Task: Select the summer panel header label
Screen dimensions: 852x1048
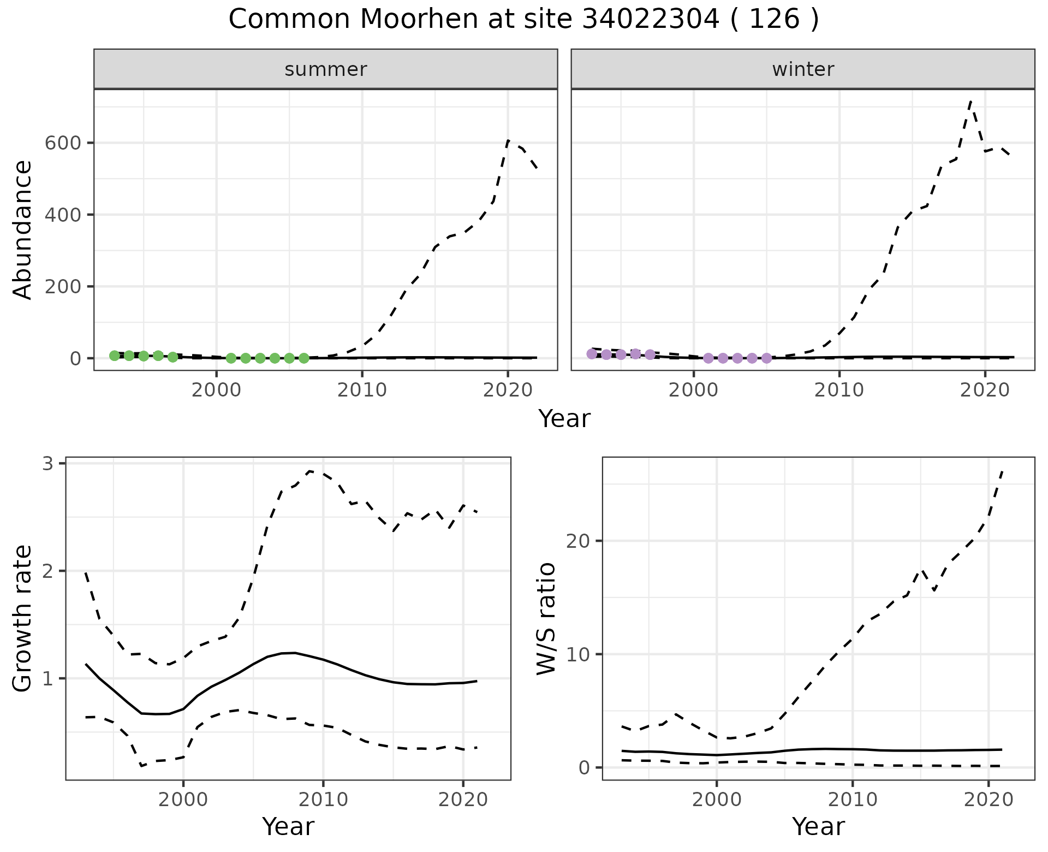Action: (326, 69)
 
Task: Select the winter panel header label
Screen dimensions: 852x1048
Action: (803, 69)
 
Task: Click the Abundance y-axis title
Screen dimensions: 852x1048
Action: (22, 229)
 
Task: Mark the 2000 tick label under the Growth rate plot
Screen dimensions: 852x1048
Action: (183, 800)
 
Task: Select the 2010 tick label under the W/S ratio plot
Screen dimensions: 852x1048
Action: (852, 800)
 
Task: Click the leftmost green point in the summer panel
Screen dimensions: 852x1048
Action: (114, 356)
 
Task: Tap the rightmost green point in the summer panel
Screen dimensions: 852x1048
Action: (304, 358)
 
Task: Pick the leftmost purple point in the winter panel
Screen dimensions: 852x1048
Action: (592, 354)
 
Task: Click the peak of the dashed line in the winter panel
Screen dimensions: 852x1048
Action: (970, 101)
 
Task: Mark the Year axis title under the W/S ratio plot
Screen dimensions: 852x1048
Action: (818, 826)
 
